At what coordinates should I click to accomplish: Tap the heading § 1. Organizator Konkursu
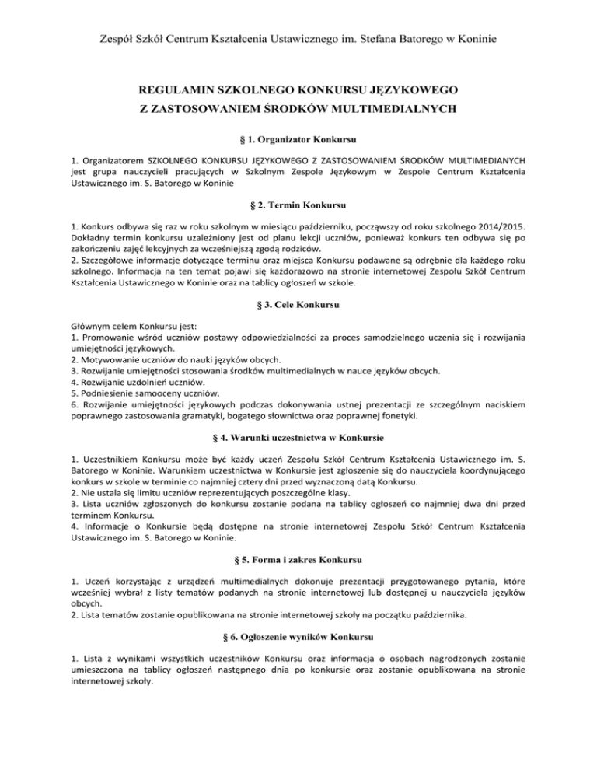pyautogui.click(x=298, y=139)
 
